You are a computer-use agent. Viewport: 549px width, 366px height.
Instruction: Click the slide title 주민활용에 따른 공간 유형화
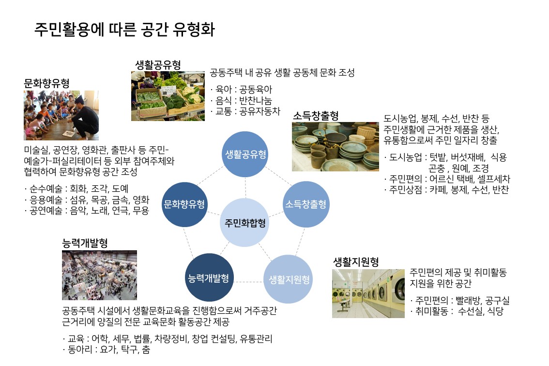coord(124,30)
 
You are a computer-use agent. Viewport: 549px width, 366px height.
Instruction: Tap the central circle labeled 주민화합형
coord(245,223)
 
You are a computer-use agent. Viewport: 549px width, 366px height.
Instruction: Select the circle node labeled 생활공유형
coord(245,154)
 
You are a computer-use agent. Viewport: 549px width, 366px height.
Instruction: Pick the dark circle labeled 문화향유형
coord(184,204)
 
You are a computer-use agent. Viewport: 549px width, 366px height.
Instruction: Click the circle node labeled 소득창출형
coord(305,204)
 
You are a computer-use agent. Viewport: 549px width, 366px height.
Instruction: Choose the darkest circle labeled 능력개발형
coord(209,278)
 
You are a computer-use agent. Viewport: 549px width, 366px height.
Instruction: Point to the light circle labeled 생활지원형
coord(289,279)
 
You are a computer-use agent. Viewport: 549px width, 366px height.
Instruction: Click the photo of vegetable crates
coord(168,96)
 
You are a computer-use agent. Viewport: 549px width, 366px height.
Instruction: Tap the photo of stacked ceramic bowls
coord(335,146)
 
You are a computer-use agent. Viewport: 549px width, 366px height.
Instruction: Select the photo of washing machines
coord(368,293)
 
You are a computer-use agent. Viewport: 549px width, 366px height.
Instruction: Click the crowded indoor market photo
coord(99,275)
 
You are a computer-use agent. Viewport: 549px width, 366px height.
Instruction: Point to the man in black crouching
coord(83,117)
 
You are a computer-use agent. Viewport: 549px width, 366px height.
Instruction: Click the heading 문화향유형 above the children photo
coord(46,83)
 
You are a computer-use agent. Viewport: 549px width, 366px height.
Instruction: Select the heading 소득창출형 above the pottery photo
coord(316,116)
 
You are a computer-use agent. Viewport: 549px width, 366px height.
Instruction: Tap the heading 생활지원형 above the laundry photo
coord(356,262)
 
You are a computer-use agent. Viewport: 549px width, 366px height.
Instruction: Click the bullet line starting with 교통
coord(245,111)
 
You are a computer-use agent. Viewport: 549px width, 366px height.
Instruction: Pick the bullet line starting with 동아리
coord(106,349)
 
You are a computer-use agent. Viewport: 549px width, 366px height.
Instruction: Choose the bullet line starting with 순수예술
coord(76,189)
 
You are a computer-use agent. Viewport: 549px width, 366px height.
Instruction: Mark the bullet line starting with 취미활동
coord(457,311)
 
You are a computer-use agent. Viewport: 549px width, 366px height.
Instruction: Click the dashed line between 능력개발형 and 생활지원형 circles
coord(248,281)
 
